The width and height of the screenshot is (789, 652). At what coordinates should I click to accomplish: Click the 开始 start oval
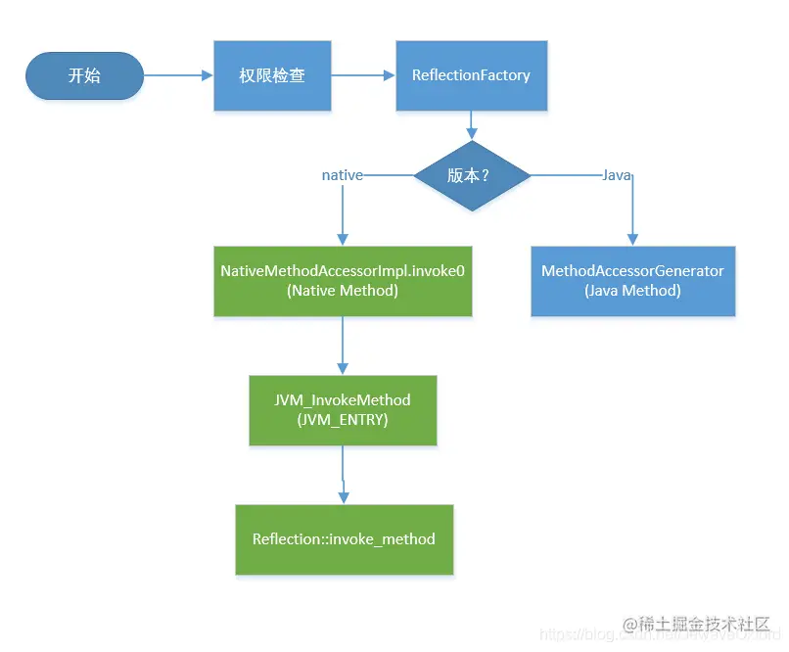pos(84,75)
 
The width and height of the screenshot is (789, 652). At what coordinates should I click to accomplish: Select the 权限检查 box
pos(271,75)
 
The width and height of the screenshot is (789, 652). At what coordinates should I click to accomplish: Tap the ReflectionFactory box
pos(471,75)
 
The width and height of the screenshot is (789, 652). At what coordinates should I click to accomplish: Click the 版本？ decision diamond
pos(472,175)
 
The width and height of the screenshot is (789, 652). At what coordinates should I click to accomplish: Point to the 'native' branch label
pos(343,175)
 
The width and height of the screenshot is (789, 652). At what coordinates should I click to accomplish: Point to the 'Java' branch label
pos(616,175)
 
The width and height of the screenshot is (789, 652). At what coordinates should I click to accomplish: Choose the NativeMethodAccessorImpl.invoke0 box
pos(343,280)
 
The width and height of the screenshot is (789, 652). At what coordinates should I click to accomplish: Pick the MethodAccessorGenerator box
pos(632,280)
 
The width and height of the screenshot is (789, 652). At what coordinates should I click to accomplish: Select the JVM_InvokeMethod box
pos(343,409)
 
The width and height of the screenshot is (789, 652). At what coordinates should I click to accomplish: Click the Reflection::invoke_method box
pos(344,539)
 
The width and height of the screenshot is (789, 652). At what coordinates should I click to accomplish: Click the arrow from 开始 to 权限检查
pos(178,75)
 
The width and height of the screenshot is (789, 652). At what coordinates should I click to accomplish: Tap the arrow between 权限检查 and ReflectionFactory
pos(362,75)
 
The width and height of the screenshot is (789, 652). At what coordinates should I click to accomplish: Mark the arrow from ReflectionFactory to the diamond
pos(472,124)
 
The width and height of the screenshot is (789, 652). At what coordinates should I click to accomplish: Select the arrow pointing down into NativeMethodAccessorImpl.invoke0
pos(343,215)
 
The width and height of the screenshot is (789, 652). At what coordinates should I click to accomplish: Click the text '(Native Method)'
pos(343,291)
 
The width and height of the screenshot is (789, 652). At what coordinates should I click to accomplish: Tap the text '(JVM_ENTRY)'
pos(343,419)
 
